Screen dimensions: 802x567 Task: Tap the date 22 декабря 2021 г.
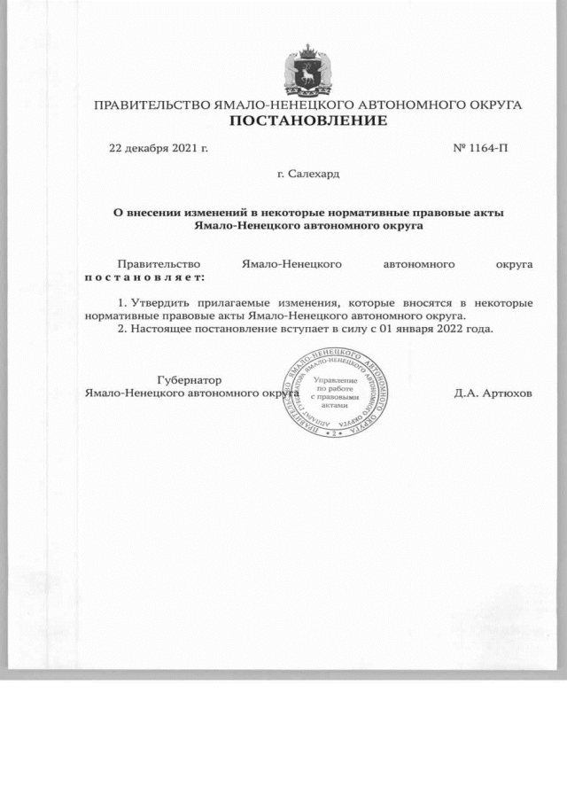pos(158,147)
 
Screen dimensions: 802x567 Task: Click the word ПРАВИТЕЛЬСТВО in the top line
pos(151,105)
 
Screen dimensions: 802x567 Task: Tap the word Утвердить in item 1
pos(160,302)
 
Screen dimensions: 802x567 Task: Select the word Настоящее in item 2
pos(162,328)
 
